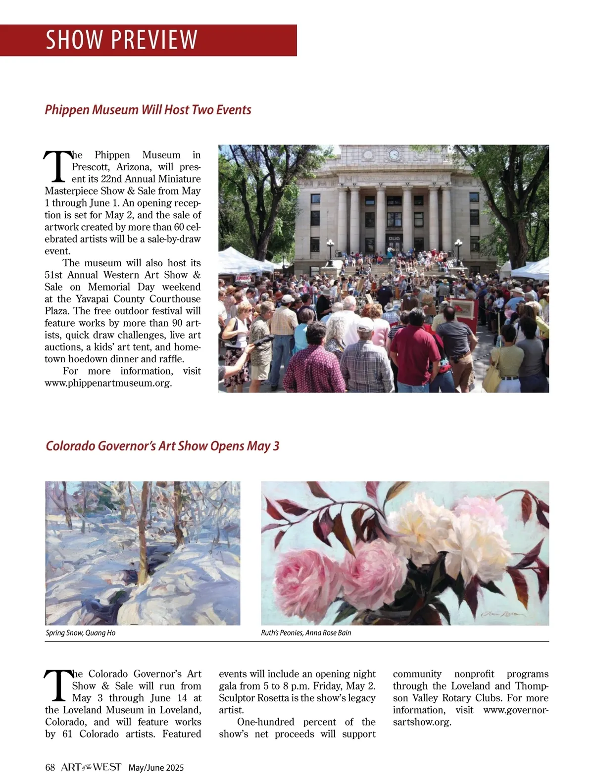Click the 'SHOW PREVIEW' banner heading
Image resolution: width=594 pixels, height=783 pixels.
tap(121, 40)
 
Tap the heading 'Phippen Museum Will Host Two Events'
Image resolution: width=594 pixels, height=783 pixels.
tap(148, 109)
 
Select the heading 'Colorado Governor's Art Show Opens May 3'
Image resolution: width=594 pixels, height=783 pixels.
tap(162, 446)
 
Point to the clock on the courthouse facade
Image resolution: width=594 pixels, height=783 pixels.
tap(394, 154)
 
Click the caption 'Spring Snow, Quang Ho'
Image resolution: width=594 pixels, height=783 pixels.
tap(80, 633)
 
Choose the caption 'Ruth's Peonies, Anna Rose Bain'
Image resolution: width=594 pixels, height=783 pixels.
tap(306, 633)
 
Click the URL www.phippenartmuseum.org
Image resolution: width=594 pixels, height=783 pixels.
tap(108, 383)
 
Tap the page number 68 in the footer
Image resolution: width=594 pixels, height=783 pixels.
tap(49, 768)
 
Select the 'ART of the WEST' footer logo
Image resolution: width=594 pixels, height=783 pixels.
tap(91, 767)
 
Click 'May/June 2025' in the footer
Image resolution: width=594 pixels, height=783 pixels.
tap(156, 768)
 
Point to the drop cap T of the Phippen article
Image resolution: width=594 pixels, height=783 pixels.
tap(56, 166)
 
